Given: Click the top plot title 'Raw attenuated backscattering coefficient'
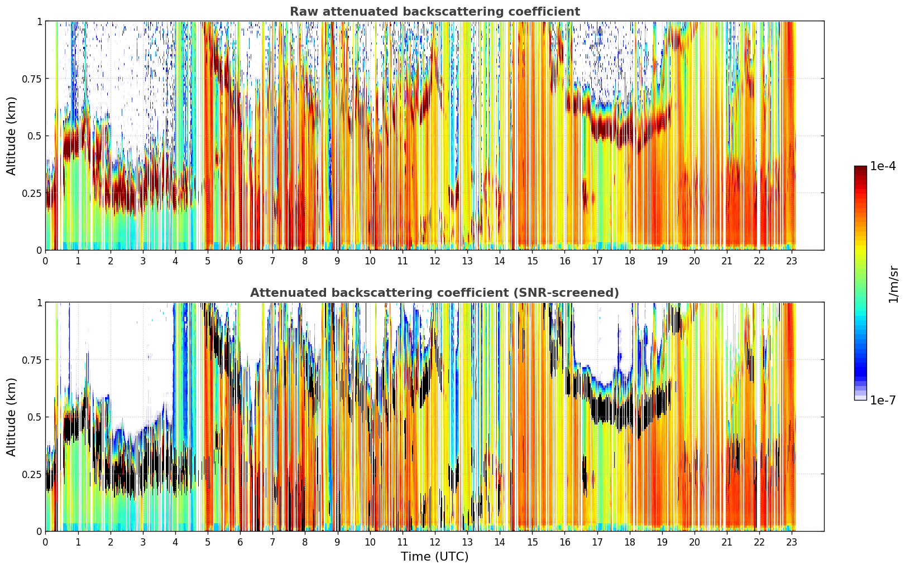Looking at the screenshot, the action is pyautogui.click(x=435, y=11).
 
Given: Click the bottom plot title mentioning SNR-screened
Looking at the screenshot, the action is pyautogui.click(x=435, y=292).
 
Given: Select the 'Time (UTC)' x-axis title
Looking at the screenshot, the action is pyautogui.click(x=435, y=557).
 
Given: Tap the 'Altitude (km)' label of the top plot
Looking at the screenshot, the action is pyautogui.click(x=11, y=136).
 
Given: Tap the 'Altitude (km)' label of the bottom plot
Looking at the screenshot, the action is pyautogui.click(x=11, y=417).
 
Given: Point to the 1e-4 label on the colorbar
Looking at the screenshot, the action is pyautogui.click(x=883, y=166).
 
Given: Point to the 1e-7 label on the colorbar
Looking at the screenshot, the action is pyautogui.click(x=883, y=401).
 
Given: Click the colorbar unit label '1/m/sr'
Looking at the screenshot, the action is pyautogui.click(x=893, y=284).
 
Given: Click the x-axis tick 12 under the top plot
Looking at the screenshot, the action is pyautogui.click(x=435, y=261).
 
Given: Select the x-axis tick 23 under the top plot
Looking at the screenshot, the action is pyautogui.click(x=792, y=261).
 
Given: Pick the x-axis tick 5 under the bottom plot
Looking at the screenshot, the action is pyautogui.click(x=208, y=542).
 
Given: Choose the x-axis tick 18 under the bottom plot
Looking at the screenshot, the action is pyautogui.click(x=629, y=542).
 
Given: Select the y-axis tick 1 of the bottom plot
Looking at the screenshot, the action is pyautogui.click(x=39, y=303).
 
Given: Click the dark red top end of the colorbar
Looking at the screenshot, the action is pyautogui.click(x=860, y=168).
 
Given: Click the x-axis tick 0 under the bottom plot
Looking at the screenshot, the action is pyautogui.click(x=45, y=542).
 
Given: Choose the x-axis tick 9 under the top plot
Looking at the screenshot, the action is pyautogui.click(x=337, y=261).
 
